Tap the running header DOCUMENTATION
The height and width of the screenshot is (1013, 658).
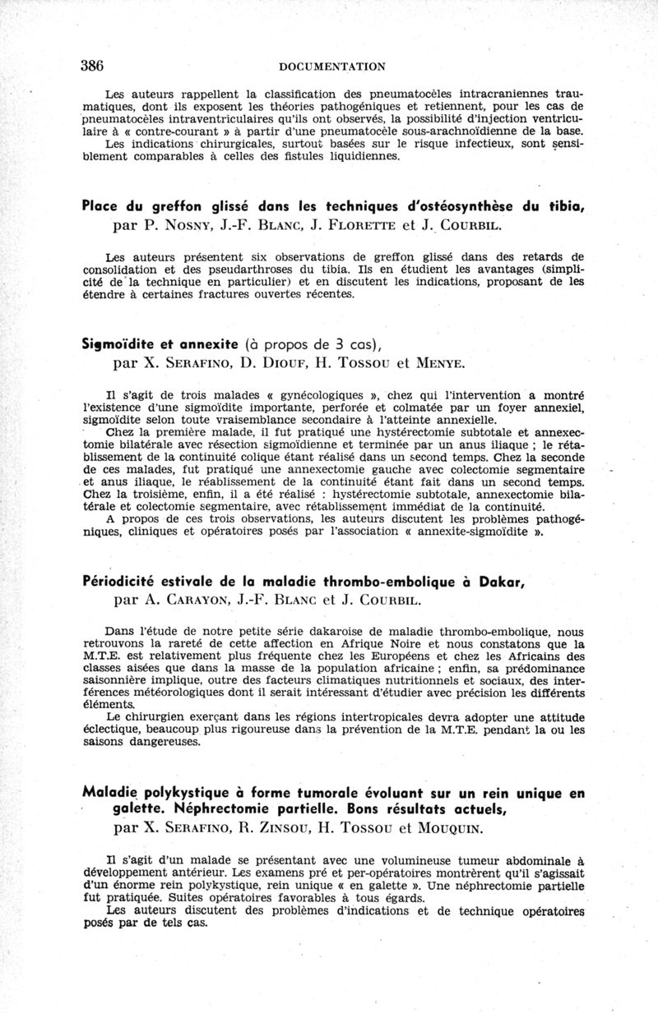coord(332,67)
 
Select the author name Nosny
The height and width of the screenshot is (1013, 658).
coord(174,224)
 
